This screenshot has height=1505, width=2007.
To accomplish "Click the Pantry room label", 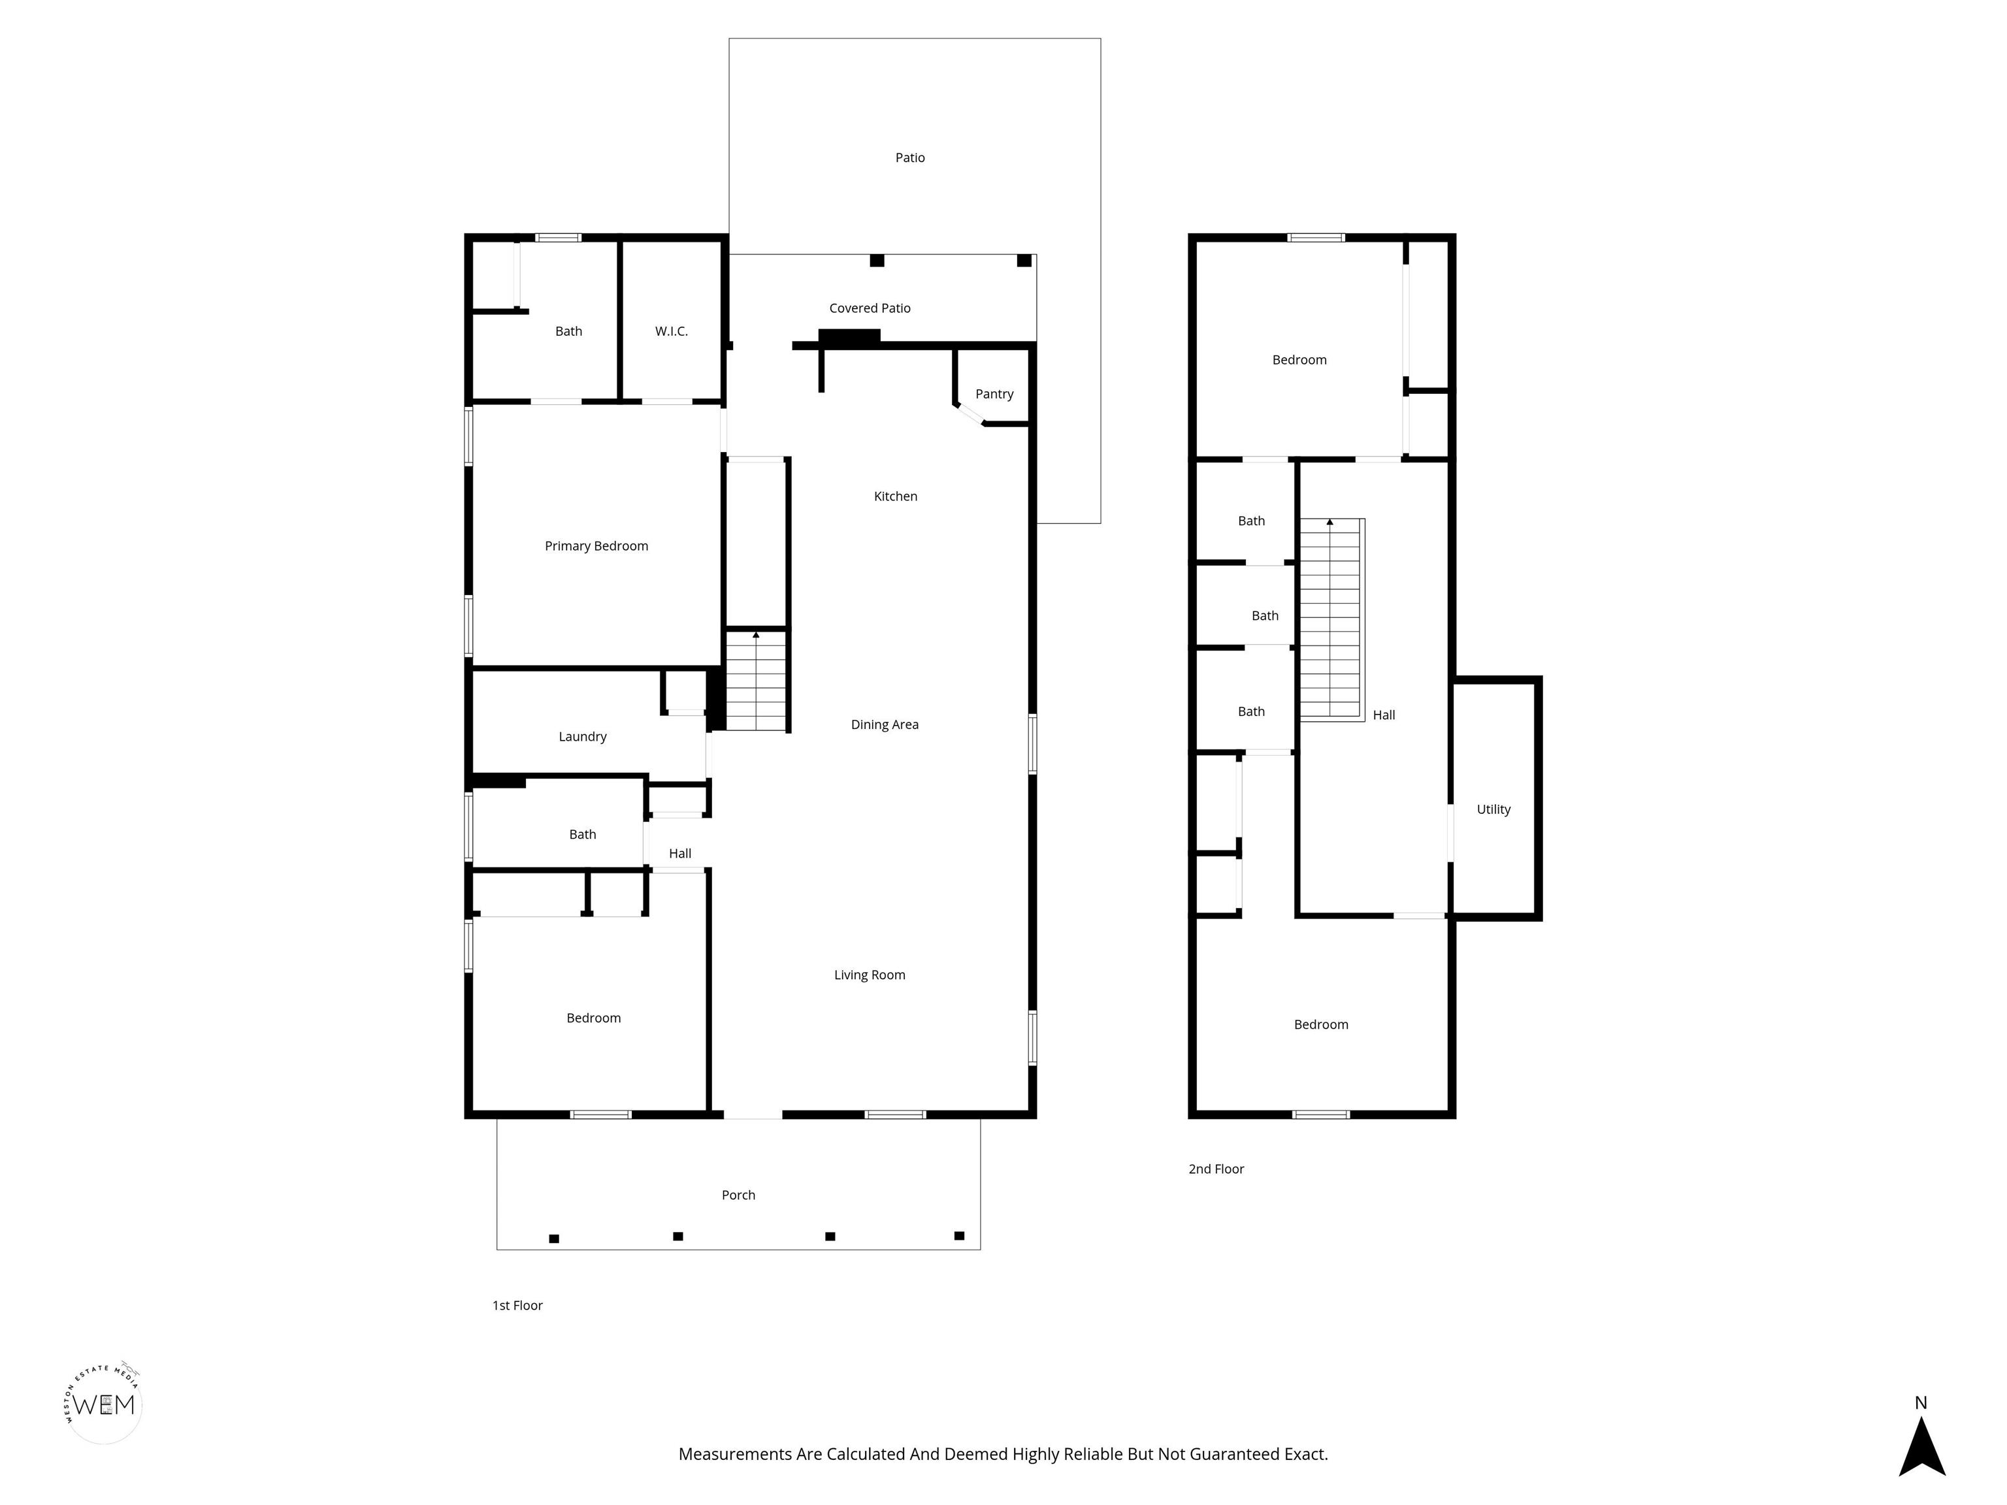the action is point(994,394).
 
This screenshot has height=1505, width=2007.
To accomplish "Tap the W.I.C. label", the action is point(672,331).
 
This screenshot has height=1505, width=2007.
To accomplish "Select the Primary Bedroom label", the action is point(596,546).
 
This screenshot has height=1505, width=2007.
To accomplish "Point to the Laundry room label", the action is point(583,737).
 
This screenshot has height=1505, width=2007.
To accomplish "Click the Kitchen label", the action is point(896,496).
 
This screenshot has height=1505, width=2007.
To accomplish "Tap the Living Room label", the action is point(869,975).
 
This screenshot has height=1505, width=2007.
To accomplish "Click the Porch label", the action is point(738,1195).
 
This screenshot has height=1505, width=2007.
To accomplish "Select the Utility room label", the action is point(1493,809).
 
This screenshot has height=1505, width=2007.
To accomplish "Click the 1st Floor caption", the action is point(517,1305).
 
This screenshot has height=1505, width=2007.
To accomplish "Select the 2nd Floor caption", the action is point(1216,1169).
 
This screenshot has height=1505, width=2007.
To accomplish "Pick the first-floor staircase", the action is point(756,681).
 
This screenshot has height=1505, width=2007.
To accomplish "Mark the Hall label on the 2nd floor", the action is point(1384,715).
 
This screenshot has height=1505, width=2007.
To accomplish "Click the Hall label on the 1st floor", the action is point(679,854).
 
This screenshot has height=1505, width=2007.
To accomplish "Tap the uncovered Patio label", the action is point(910,158).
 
